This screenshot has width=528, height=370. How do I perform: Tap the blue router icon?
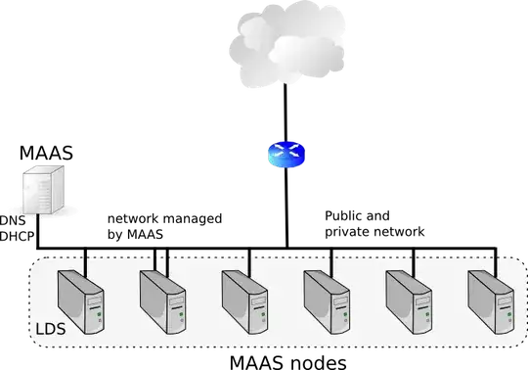click(x=286, y=155)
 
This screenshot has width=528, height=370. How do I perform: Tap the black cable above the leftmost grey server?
click(x=85, y=258)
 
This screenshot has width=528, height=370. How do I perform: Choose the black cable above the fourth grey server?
click(x=331, y=258)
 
